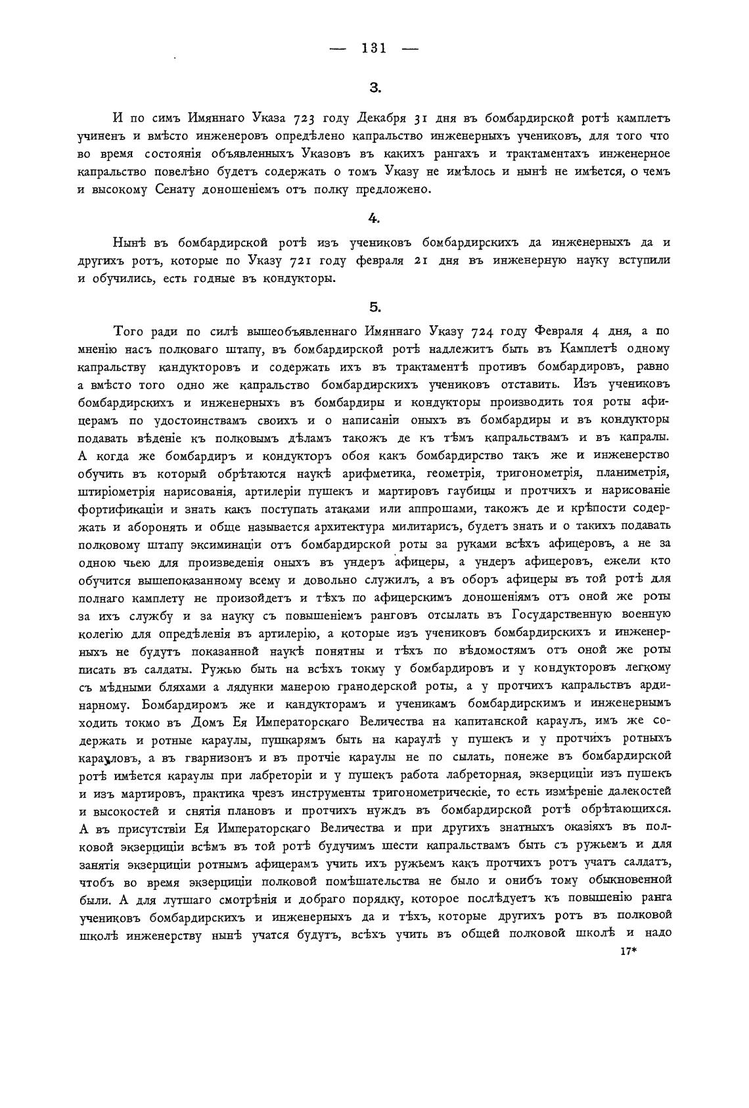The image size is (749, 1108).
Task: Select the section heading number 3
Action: click(373, 87)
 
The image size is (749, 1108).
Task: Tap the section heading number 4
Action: click(373, 216)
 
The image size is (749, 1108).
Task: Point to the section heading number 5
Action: click(374, 306)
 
